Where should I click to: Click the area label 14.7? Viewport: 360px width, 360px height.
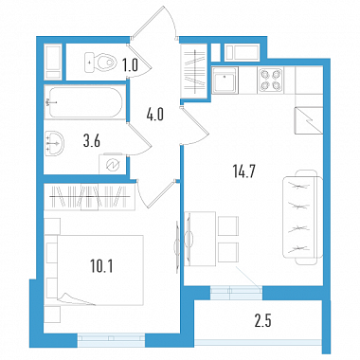243,172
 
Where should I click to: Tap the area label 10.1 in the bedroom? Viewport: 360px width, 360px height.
101,266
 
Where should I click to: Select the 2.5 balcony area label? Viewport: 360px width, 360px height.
262,321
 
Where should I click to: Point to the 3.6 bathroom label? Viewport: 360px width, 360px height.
92,141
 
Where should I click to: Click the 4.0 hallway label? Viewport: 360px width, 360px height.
154,114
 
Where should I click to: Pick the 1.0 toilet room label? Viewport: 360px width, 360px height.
130,65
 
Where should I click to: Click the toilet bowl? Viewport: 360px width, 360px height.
99,62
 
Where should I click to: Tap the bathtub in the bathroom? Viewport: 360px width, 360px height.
83,102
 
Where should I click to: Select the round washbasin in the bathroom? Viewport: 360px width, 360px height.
54,143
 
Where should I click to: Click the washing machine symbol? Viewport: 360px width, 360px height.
113,164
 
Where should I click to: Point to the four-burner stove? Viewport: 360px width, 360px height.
270,80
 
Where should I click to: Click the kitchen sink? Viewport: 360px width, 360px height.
225,81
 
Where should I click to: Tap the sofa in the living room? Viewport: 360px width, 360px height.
302,217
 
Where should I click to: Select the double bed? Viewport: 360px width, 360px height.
94,270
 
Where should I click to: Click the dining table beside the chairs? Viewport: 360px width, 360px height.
200,239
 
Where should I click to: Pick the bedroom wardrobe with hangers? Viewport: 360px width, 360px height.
90,197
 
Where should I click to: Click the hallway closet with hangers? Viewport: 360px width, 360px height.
194,72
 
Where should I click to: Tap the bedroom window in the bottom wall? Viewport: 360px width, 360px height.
111,340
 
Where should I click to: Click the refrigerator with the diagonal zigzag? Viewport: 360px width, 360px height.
309,120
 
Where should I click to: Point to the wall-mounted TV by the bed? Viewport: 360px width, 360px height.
175,244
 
